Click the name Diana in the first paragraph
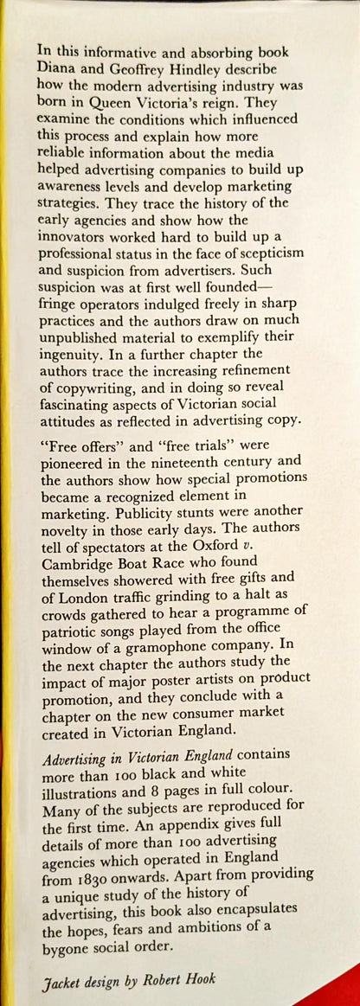tap(60, 74)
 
